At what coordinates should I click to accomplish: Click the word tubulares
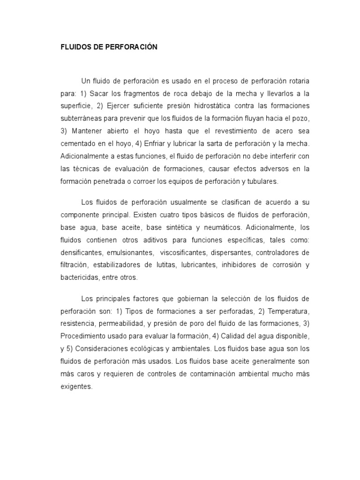coord(261,181)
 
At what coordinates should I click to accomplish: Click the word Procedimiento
coord(84,336)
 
